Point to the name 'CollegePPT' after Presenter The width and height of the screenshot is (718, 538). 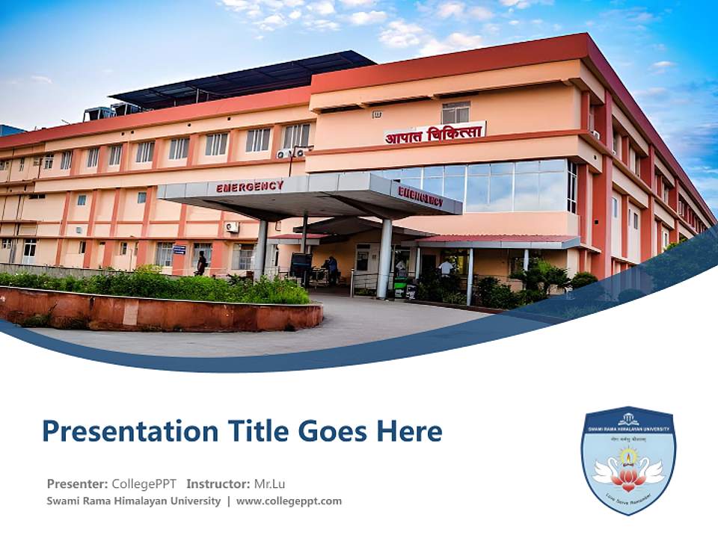coord(144,483)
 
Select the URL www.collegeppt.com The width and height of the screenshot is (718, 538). coord(289,501)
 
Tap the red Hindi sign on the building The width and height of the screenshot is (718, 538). coord(435,132)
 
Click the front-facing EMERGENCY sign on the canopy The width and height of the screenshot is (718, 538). coord(250,187)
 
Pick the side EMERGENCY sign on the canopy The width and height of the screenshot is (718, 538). coord(420,197)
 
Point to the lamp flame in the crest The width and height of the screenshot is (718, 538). coord(628,455)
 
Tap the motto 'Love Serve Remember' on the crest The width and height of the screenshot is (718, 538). coord(628,495)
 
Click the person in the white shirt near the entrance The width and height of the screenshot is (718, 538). coord(446,267)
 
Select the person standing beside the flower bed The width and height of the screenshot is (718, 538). coord(201,262)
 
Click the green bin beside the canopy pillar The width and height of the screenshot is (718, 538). coord(400,288)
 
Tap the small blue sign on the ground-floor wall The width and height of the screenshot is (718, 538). coord(179,250)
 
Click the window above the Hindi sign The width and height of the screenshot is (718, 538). coord(455,112)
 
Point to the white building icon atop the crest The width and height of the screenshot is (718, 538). coord(628,418)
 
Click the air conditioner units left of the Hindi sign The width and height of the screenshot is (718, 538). coord(291,153)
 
